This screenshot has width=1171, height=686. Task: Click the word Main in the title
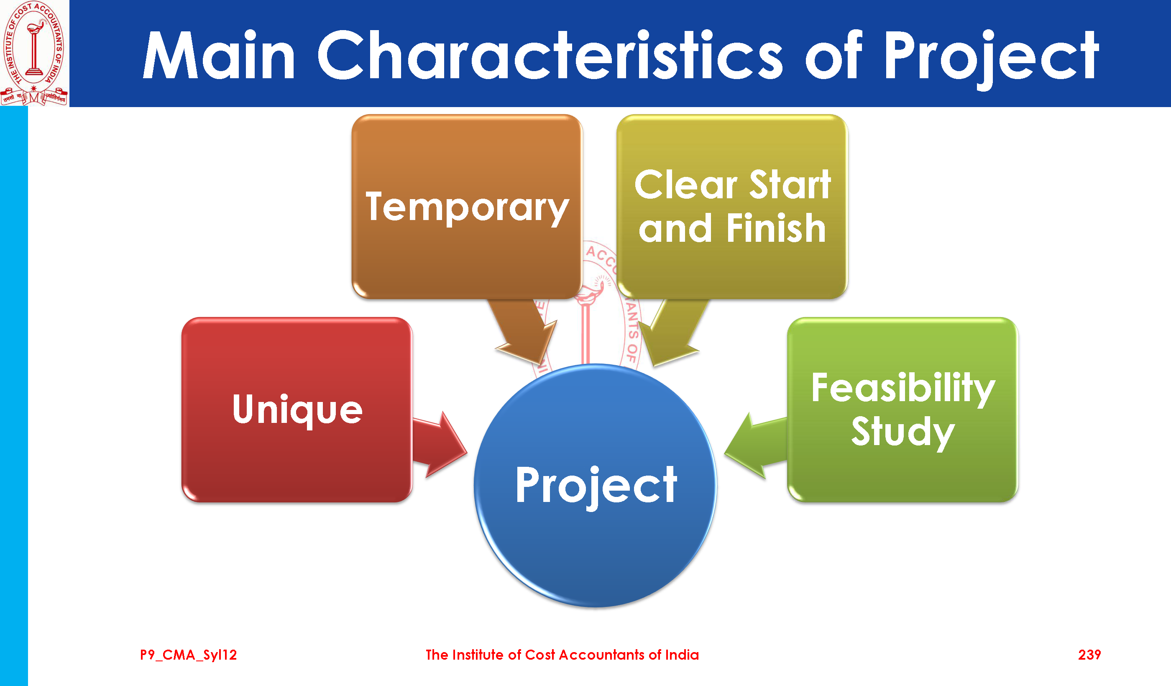219,55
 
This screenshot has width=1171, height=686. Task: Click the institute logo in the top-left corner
34,53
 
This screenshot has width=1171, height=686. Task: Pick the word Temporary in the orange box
468,208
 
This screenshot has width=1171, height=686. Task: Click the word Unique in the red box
297,410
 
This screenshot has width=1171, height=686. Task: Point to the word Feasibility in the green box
903,389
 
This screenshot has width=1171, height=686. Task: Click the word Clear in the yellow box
686,184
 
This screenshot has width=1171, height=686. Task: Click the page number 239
1089,655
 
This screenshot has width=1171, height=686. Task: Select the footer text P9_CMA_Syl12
189,655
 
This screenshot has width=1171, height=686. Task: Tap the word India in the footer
682,655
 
